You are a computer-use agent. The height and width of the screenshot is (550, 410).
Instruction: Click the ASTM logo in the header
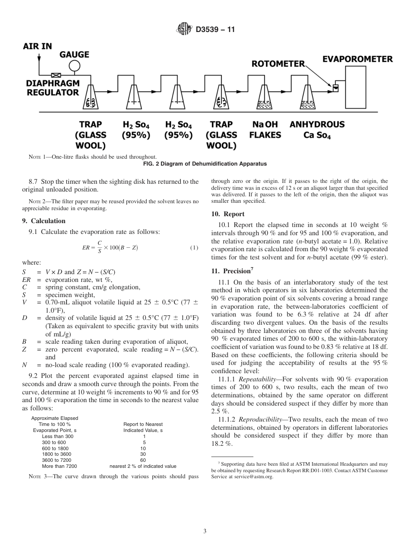[x=185, y=29]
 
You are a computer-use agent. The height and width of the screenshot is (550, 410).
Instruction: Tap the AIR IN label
[x=38, y=46]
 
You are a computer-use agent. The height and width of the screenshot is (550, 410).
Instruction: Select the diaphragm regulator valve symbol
[x=56, y=75]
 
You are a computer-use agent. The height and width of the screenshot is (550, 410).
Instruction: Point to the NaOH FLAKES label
[x=265, y=130]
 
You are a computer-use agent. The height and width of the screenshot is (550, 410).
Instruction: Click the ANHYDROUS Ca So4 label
[x=317, y=130]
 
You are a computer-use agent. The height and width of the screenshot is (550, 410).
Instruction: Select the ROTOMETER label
[x=278, y=64]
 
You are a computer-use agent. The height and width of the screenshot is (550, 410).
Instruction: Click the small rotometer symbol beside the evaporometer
[x=335, y=88]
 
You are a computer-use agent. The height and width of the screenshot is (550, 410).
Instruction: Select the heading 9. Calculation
[x=44, y=221]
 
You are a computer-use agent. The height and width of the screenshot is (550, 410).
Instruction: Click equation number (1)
[x=194, y=248]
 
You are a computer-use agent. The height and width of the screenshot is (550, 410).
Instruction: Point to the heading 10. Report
[x=227, y=214]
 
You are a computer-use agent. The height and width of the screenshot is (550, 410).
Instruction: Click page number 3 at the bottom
[x=205, y=531]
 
